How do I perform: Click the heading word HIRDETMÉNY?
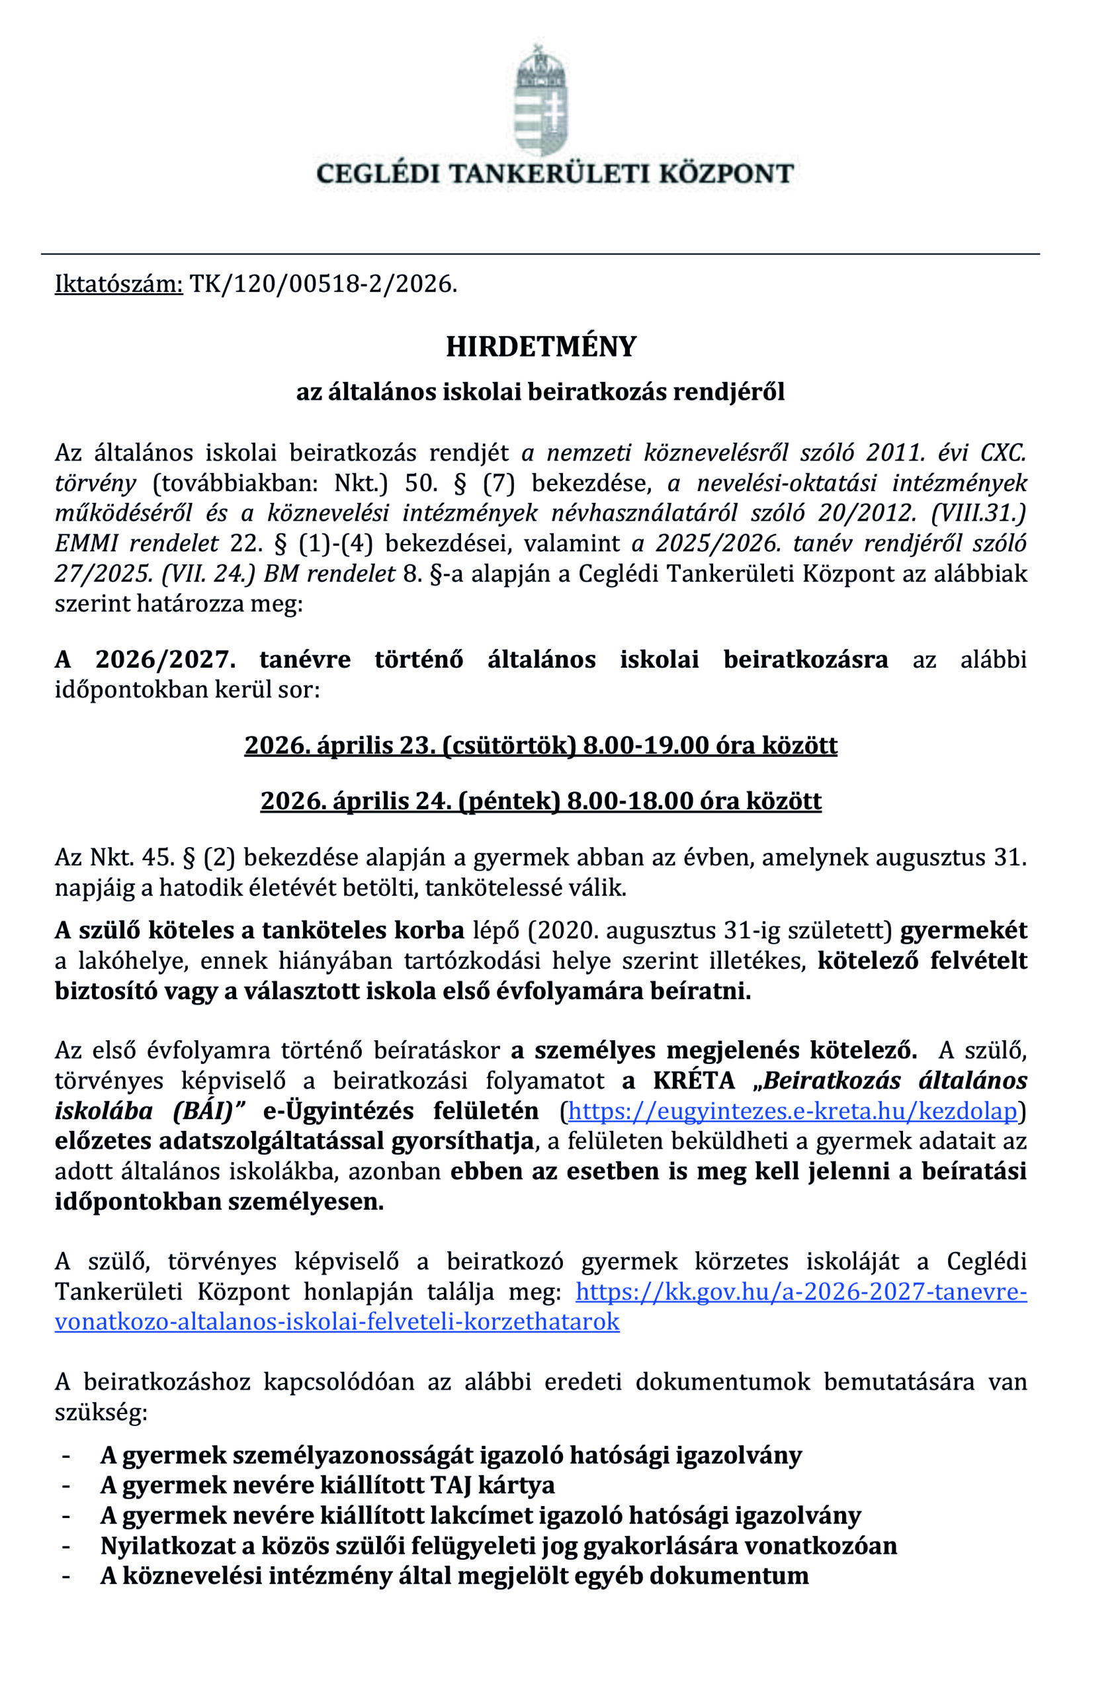pos(541,347)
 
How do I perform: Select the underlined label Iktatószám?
pos(119,284)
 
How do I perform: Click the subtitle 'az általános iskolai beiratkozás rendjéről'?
pos(540,392)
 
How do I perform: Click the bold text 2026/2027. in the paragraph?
pos(165,659)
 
